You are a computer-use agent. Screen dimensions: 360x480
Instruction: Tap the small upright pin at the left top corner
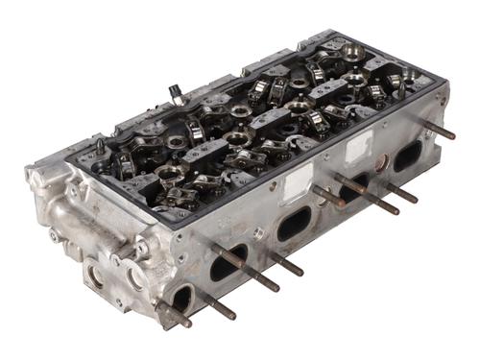(99, 147)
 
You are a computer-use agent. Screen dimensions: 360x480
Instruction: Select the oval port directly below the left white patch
(293, 225)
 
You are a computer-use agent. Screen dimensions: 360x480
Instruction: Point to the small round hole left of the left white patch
(256, 231)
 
